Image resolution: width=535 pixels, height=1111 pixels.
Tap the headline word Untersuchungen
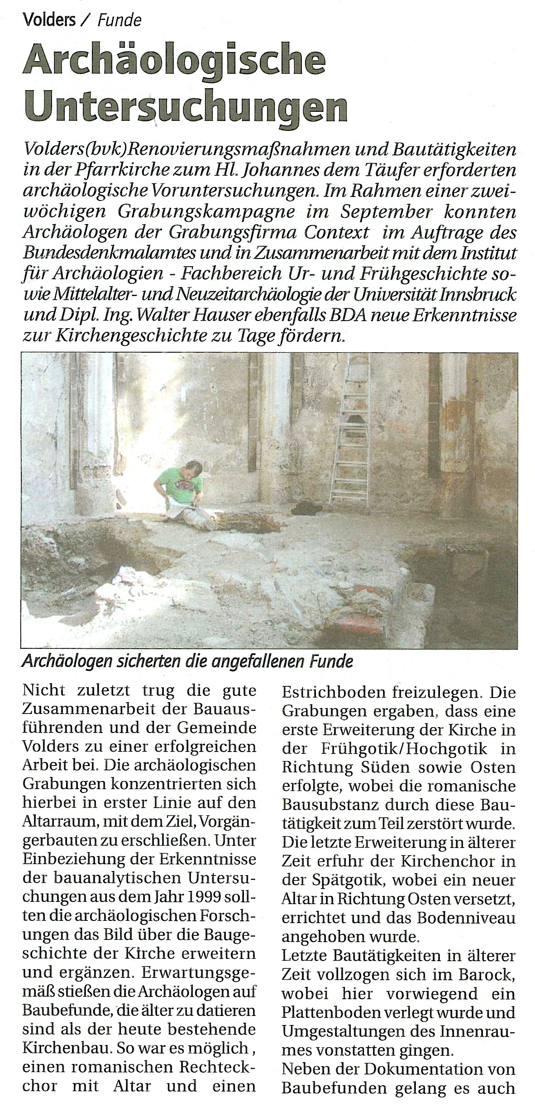point(186,107)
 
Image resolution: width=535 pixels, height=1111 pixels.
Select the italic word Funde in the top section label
point(120,20)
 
